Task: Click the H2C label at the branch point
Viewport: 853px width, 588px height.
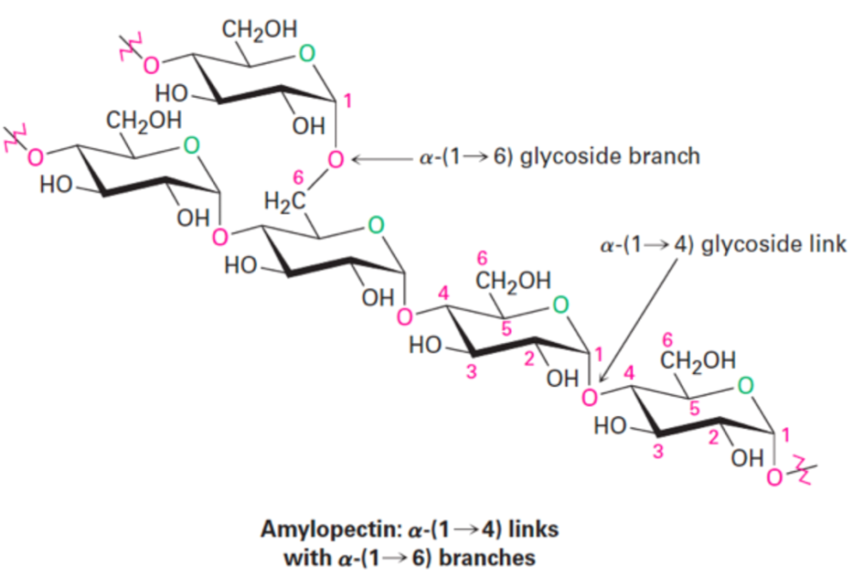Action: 284,202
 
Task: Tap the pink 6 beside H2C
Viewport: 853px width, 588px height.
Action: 298,177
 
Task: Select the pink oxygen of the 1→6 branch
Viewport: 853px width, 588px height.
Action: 336,160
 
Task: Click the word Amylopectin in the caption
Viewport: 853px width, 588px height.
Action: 332,530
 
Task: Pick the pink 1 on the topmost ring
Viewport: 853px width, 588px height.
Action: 348,102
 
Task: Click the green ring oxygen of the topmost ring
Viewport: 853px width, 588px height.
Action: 307,54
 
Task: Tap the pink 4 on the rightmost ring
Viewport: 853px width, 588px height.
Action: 630,374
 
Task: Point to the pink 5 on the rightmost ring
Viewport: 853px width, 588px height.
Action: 694,408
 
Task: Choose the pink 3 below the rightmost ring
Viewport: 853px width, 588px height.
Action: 659,451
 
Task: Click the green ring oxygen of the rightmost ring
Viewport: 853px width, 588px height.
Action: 746,386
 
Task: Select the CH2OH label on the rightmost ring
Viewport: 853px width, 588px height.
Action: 698,360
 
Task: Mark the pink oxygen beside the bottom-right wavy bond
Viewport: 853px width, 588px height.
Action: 775,478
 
